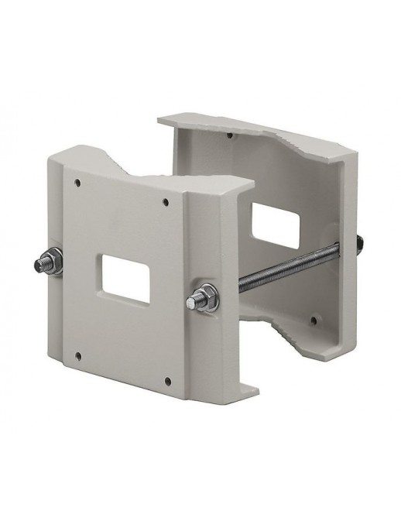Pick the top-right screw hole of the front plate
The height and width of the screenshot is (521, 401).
[166, 204]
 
